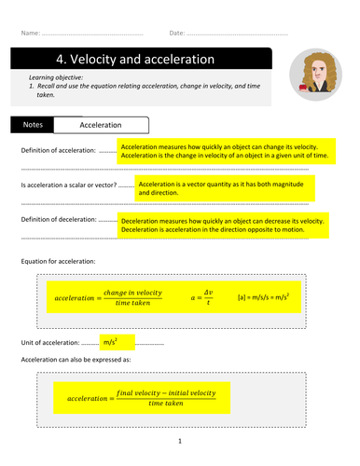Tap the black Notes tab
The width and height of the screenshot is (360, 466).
pos(32,123)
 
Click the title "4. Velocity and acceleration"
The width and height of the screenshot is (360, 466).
pos(122,60)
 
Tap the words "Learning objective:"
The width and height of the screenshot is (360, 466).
pos(56,76)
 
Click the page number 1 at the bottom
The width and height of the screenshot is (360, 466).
pos(179,440)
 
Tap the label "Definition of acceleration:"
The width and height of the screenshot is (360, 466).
pos(58,151)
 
